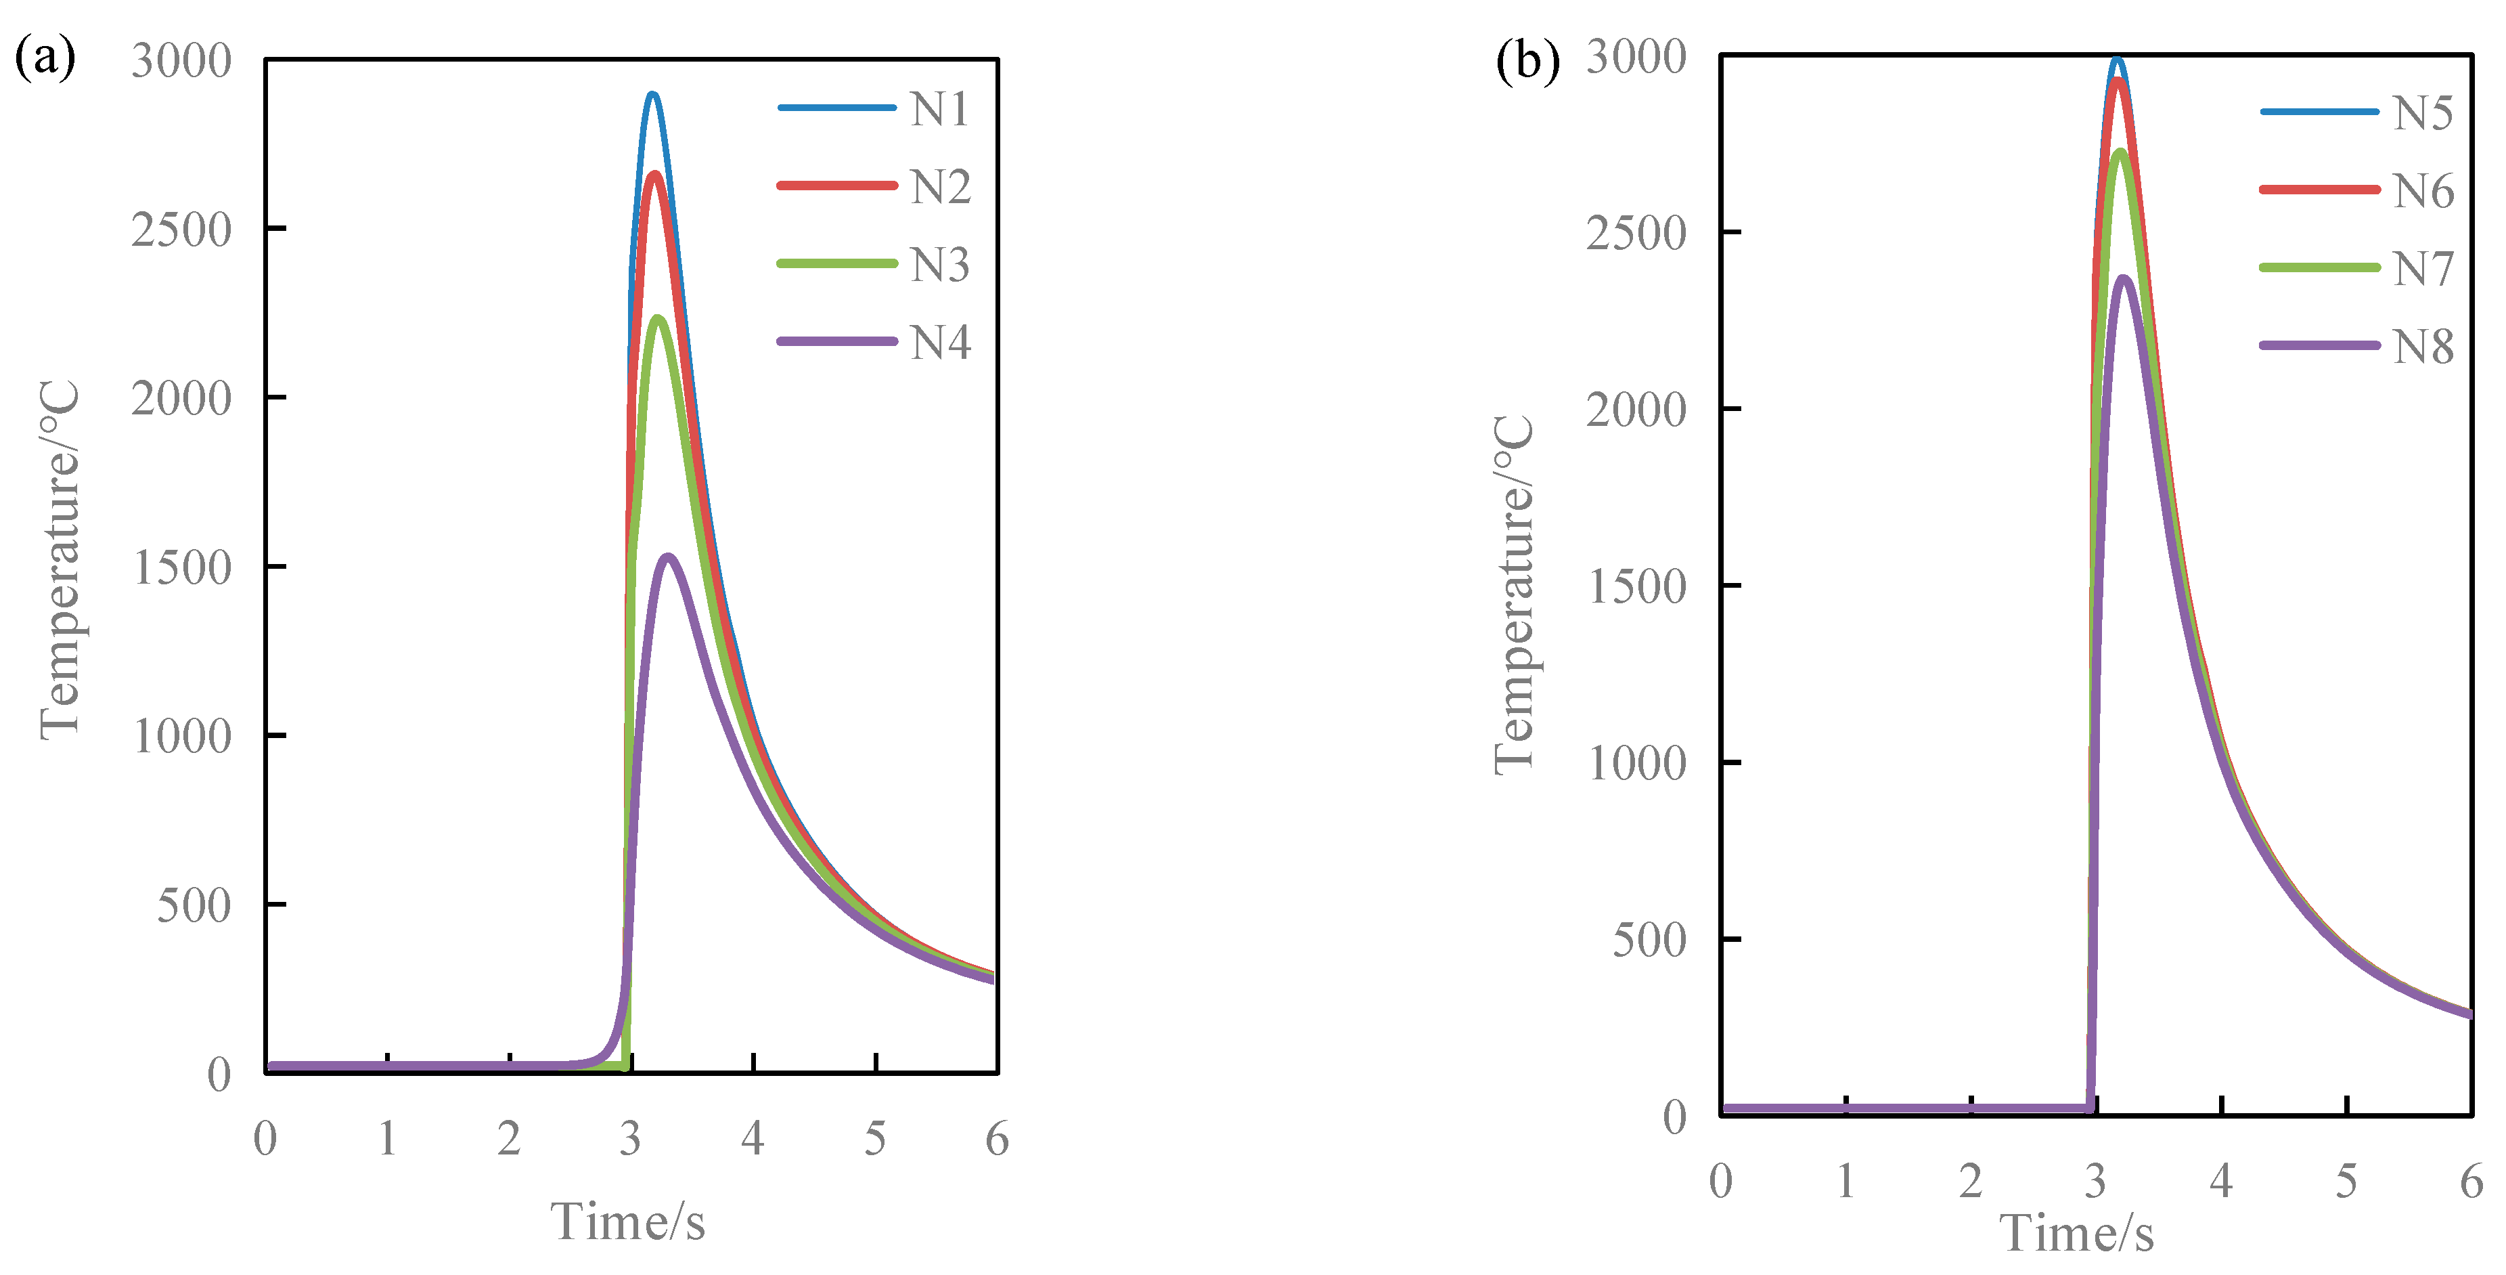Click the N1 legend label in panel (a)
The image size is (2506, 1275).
[x=940, y=109]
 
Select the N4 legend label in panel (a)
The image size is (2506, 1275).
[x=940, y=343]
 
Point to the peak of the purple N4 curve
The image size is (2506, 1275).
[x=669, y=557]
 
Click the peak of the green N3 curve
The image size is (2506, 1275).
[x=658, y=318]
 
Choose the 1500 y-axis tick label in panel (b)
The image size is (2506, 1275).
[x=1636, y=587]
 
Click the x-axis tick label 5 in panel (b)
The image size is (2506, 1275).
[x=2346, y=1181]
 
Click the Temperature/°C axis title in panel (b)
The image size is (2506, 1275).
[x=1514, y=596]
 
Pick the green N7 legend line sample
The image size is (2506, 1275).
[x=2319, y=267]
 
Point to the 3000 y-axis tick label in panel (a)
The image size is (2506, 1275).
[x=182, y=62]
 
